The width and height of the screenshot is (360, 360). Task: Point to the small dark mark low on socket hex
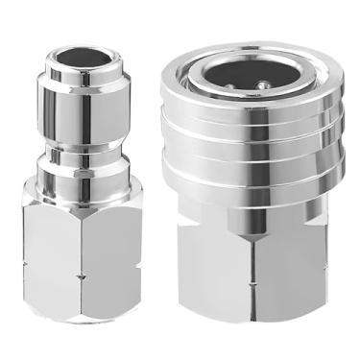(253, 324)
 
